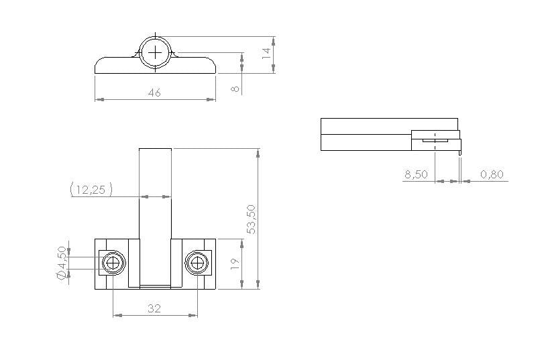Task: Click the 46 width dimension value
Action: point(154,93)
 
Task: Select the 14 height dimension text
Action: point(266,53)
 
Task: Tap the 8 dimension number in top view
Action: point(235,88)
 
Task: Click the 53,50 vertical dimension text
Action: point(251,219)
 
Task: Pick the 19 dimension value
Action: point(235,263)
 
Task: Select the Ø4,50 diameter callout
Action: point(62,263)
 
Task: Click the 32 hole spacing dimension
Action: point(154,308)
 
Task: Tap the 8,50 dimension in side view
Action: point(416,174)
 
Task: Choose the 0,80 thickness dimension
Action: point(492,174)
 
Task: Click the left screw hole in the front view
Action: point(113,263)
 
